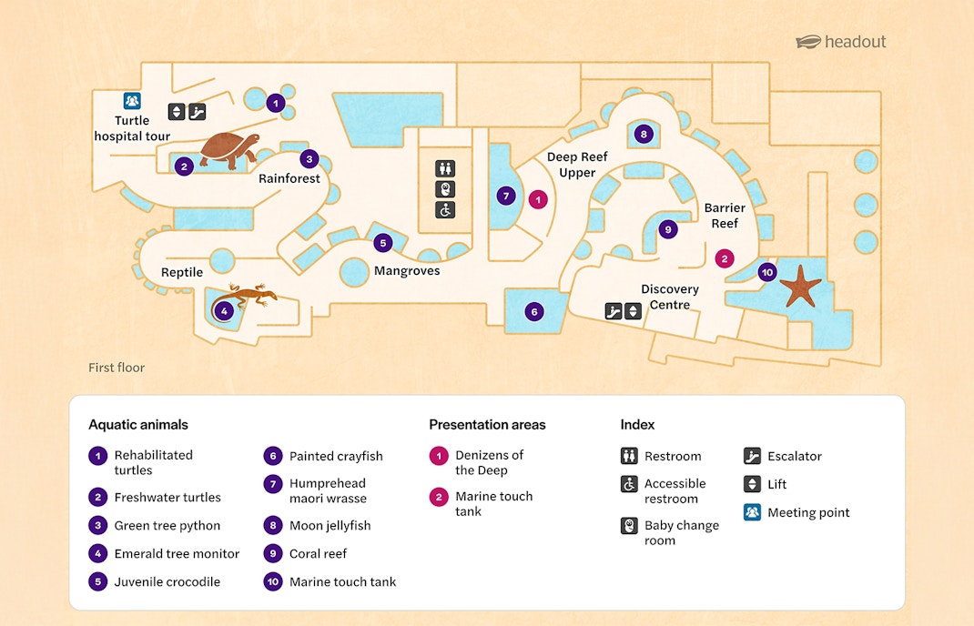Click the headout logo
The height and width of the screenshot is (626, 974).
[x=840, y=42]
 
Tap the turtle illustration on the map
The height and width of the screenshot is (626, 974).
[x=229, y=150]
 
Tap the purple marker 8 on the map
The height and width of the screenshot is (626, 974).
[x=644, y=135]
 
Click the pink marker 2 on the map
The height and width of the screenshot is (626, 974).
[x=725, y=258]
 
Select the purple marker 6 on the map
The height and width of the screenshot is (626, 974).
[x=534, y=311]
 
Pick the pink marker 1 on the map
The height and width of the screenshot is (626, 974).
[x=538, y=198]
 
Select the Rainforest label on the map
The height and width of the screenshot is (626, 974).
[x=289, y=178]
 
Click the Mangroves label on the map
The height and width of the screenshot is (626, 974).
[x=407, y=271]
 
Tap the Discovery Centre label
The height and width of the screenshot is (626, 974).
[x=670, y=297]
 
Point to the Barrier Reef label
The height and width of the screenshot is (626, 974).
[x=725, y=216]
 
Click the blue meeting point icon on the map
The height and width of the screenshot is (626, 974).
[x=132, y=101]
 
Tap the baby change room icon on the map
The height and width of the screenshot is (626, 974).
[x=445, y=189]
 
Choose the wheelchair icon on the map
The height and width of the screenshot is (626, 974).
[x=445, y=210]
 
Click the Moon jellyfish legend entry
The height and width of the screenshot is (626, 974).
[x=330, y=525]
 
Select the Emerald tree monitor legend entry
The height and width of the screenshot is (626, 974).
[x=177, y=553]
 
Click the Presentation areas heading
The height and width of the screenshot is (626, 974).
[x=487, y=424]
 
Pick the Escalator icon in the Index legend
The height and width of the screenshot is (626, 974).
[x=752, y=456]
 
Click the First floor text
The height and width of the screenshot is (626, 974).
[x=117, y=368]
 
